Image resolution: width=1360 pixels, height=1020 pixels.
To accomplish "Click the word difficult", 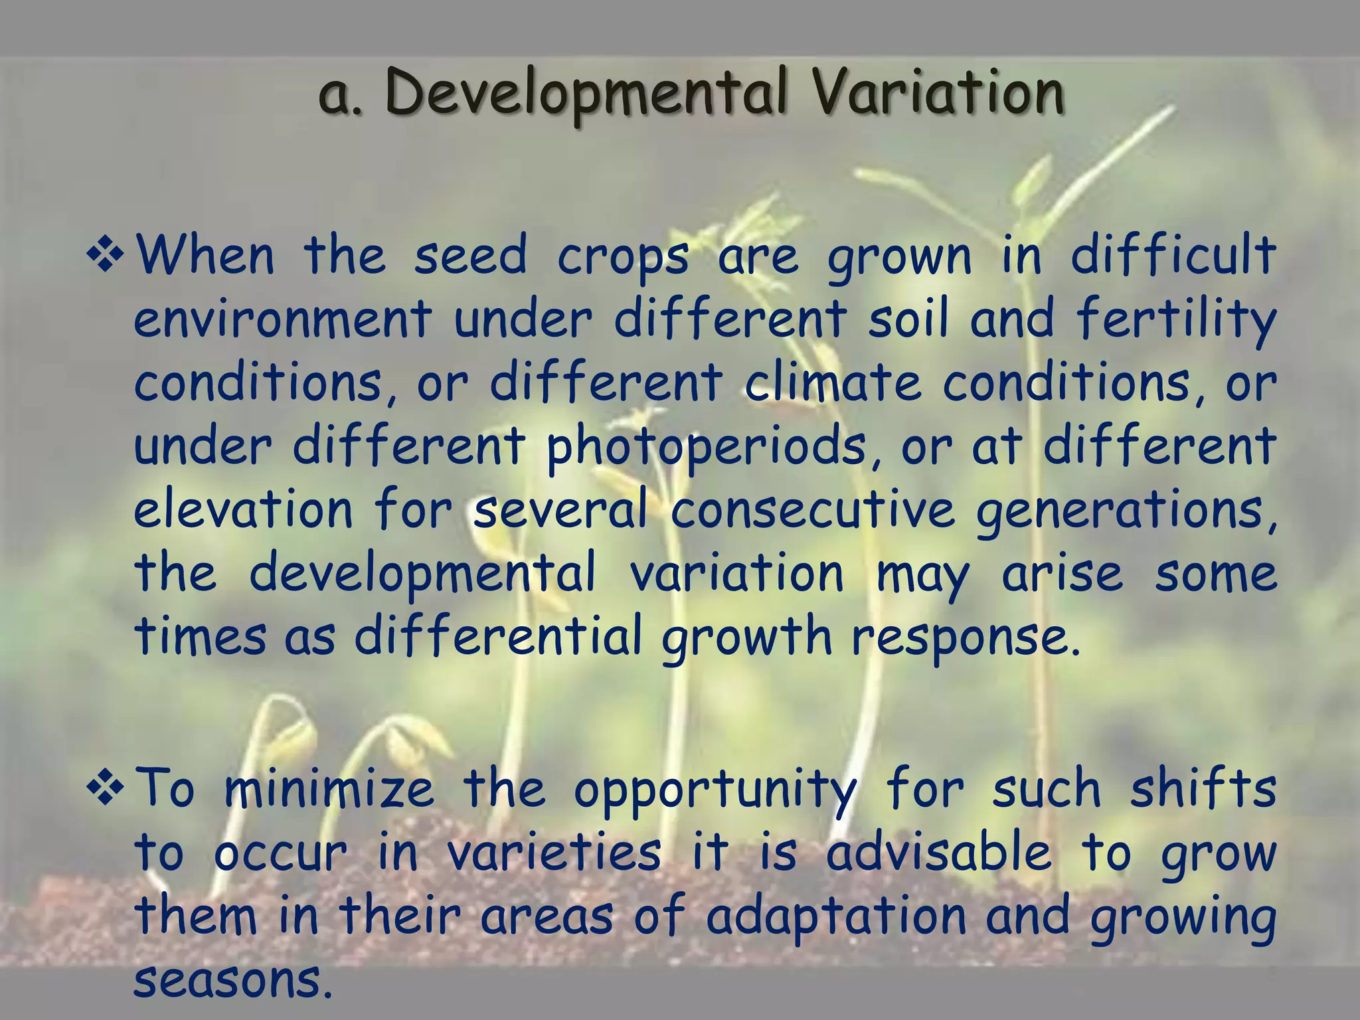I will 1173,256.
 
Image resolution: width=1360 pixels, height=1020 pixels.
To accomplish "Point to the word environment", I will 283,319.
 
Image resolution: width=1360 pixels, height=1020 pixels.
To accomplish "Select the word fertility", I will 1176,320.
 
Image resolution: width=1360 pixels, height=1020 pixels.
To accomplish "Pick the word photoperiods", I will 706,447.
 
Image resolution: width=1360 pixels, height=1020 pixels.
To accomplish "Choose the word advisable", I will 939,852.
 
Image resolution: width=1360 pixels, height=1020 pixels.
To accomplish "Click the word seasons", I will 232,979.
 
